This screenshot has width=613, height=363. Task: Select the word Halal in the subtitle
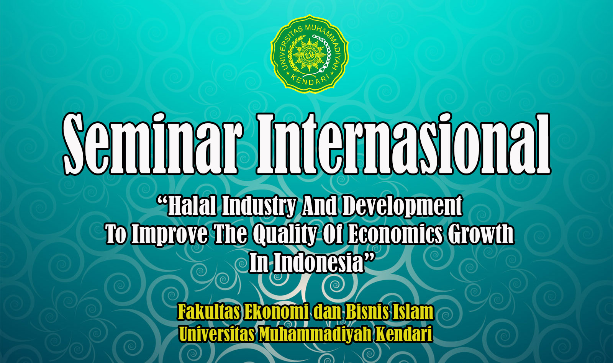tap(192, 205)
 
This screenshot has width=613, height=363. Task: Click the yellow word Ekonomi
tap(277, 311)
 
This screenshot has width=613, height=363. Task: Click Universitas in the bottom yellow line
tap(217, 334)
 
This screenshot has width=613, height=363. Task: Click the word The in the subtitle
tap(230, 234)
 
